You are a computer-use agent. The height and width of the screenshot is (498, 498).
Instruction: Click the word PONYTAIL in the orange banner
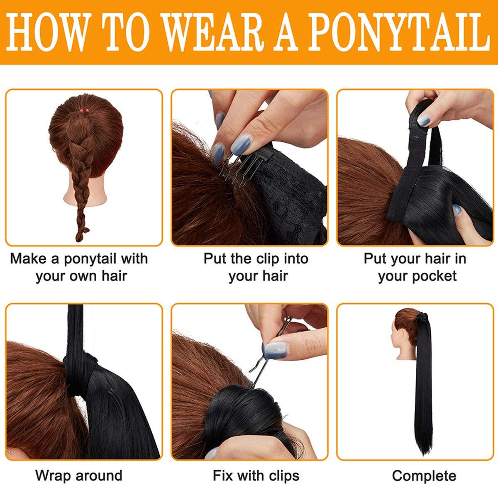pos(399,32)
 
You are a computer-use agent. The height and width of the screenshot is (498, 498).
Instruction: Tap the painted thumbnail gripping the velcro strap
pos(424,120)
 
